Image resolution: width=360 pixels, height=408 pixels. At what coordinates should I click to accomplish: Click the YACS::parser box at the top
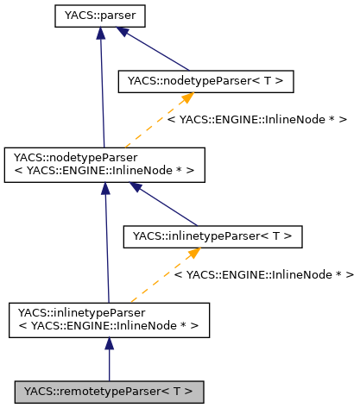[100, 14]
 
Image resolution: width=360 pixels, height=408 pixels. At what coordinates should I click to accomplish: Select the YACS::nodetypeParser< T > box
[205, 81]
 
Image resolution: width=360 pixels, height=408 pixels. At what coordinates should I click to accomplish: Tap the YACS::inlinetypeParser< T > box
[212, 235]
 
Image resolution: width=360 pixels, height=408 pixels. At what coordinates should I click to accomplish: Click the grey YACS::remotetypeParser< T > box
[108, 392]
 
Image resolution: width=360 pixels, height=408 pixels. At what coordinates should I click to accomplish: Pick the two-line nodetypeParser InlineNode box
[104, 165]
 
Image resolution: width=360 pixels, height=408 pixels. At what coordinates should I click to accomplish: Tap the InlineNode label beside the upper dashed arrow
[256, 120]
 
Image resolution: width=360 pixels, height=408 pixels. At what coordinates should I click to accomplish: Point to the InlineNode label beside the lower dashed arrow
[263, 274]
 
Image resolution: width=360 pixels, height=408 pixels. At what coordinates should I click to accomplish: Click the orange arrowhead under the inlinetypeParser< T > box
[193, 254]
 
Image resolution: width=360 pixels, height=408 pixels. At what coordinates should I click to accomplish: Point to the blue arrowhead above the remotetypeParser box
[109, 344]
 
